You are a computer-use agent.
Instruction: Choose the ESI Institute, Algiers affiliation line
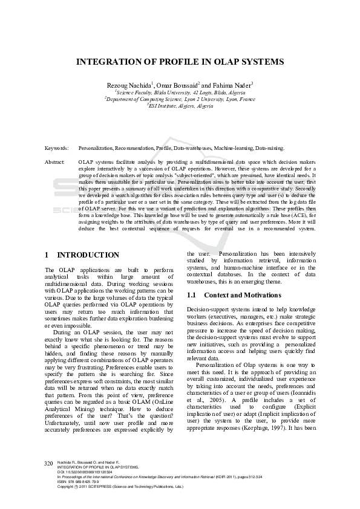click(180, 105)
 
